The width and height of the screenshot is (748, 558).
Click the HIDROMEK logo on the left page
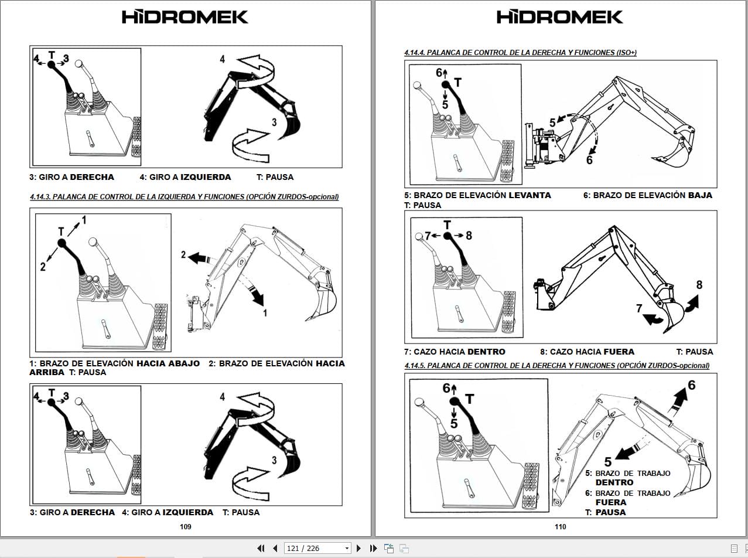coord(185,16)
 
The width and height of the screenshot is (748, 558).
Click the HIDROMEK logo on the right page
coord(560,16)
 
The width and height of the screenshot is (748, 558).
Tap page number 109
coord(185,526)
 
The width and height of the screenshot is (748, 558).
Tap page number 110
coord(560,526)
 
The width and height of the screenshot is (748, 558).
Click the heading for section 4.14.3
coord(184,197)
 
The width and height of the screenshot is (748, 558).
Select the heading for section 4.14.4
coord(520,53)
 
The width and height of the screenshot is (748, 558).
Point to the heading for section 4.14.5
coord(556,366)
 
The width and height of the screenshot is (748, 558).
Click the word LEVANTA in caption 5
coord(530,195)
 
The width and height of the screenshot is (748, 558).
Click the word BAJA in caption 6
coord(700,195)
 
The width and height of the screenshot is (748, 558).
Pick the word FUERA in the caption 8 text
coord(619,352)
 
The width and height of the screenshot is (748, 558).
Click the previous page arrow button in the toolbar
coord(275,548)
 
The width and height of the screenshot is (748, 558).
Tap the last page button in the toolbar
coord(373,548)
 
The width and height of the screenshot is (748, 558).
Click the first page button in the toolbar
coord(261,548)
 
